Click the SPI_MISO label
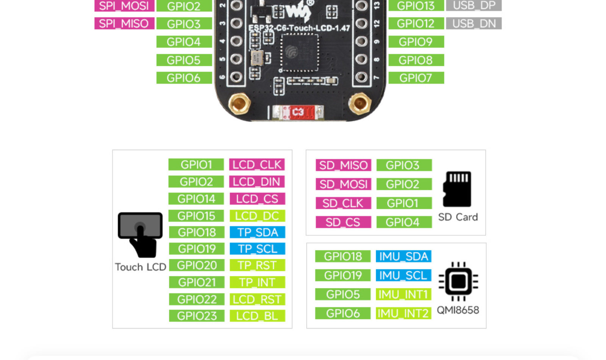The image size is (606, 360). click(124, 23)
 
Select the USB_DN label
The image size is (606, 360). click(474, 23)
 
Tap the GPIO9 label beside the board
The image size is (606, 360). click(416, 42)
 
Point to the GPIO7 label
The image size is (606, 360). click(416, 78)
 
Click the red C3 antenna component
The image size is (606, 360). click(298, 112)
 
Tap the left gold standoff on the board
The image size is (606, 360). click(239, 103)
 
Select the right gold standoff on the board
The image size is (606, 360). click(360, 103)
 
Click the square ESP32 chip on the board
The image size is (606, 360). click(299, 53)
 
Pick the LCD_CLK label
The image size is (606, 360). click(257, 164)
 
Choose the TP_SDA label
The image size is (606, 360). click(257, 232)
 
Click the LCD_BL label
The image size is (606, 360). click(257, 316)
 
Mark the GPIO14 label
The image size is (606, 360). click(196, 199)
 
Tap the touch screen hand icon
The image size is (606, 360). click(140, 235)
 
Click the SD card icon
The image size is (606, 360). click(457, 189)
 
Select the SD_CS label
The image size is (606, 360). click(343, 222)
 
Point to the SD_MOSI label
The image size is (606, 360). click(343, 184)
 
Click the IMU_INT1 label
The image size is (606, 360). click(403, 294)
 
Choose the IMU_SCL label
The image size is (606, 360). click(403, 275)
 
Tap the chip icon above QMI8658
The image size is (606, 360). click(458, 282)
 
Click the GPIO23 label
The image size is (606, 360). click(197, 316)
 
